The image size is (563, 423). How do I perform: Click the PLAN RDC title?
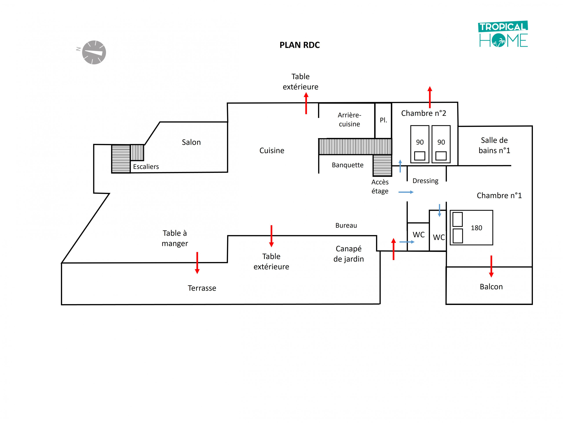tap(300, 45)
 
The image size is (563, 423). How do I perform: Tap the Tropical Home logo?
tap(503, 34)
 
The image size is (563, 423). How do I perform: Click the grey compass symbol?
tap(94, 52)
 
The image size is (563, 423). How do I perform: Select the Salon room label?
tap(191, 142)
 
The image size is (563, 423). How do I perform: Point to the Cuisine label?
tap(272, 151)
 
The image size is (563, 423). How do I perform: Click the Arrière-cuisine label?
tap(349, 120)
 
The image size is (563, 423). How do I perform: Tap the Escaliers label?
tap(146, 167)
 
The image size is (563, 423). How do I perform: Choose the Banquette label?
tap(347, 165)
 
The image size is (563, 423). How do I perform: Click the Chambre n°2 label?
tap(424, 113)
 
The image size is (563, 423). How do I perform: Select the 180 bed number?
tap(476, 228)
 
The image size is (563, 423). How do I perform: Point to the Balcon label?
tap(491, 287)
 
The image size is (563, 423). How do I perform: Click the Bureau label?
tap(346, 225)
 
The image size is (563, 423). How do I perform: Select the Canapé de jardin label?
tap(348, 254)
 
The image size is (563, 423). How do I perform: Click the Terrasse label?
tap(202, 288)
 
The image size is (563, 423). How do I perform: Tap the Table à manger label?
tap(175, 238)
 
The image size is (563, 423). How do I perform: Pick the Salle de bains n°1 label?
tap(494, 145)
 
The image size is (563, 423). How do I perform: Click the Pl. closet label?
tap(383, 120)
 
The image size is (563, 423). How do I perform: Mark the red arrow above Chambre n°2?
tap(430, 97)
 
